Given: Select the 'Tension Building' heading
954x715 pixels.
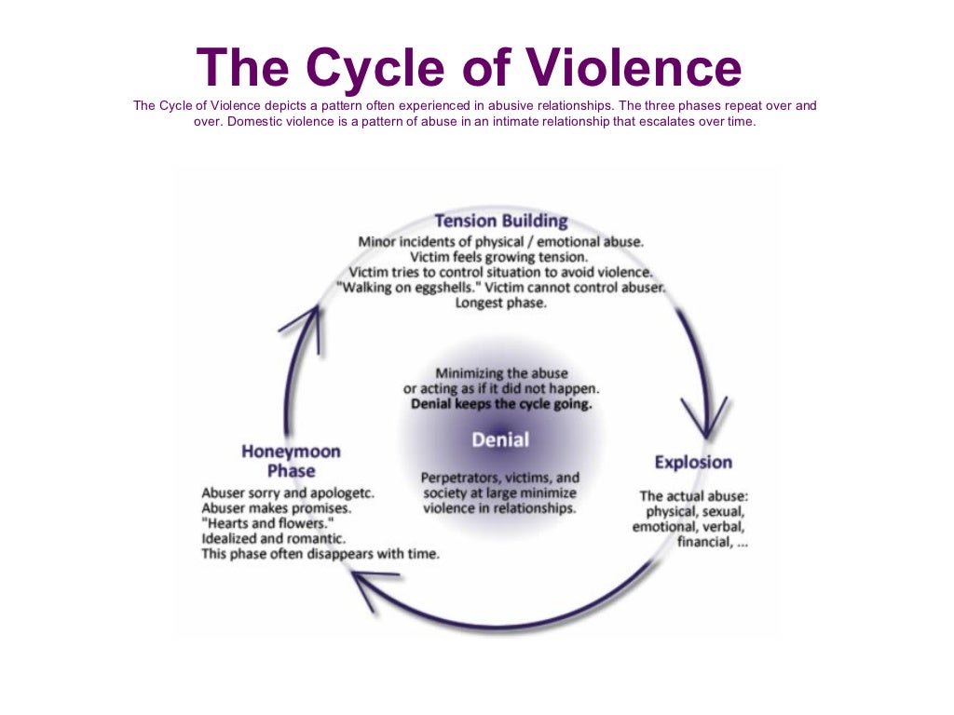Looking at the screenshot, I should [x=501, y=222].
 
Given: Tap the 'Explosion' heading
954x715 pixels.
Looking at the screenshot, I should [x=693, y=462].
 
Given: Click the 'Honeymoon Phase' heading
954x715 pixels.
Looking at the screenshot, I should [x=291, y=461].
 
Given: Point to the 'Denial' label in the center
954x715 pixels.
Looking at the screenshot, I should [x=500, y=439].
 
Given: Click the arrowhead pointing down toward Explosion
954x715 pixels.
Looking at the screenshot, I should [x=705, y=417].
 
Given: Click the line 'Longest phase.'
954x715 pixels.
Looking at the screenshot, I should [x=501, y=304].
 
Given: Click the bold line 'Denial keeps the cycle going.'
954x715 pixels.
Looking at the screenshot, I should [x=501, y=405].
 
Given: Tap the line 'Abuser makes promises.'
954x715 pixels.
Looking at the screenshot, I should [x=276, y=508].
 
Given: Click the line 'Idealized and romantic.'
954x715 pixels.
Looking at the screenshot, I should [x=273, y=538].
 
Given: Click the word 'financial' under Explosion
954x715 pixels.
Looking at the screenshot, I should [x=703, y=542].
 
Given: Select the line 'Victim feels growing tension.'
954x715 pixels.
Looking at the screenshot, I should [x=501, y=256].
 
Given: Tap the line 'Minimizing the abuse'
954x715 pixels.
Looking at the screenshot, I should [x=501, y=373].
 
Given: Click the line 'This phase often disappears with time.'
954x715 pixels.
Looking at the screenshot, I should [x=320, y=553].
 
